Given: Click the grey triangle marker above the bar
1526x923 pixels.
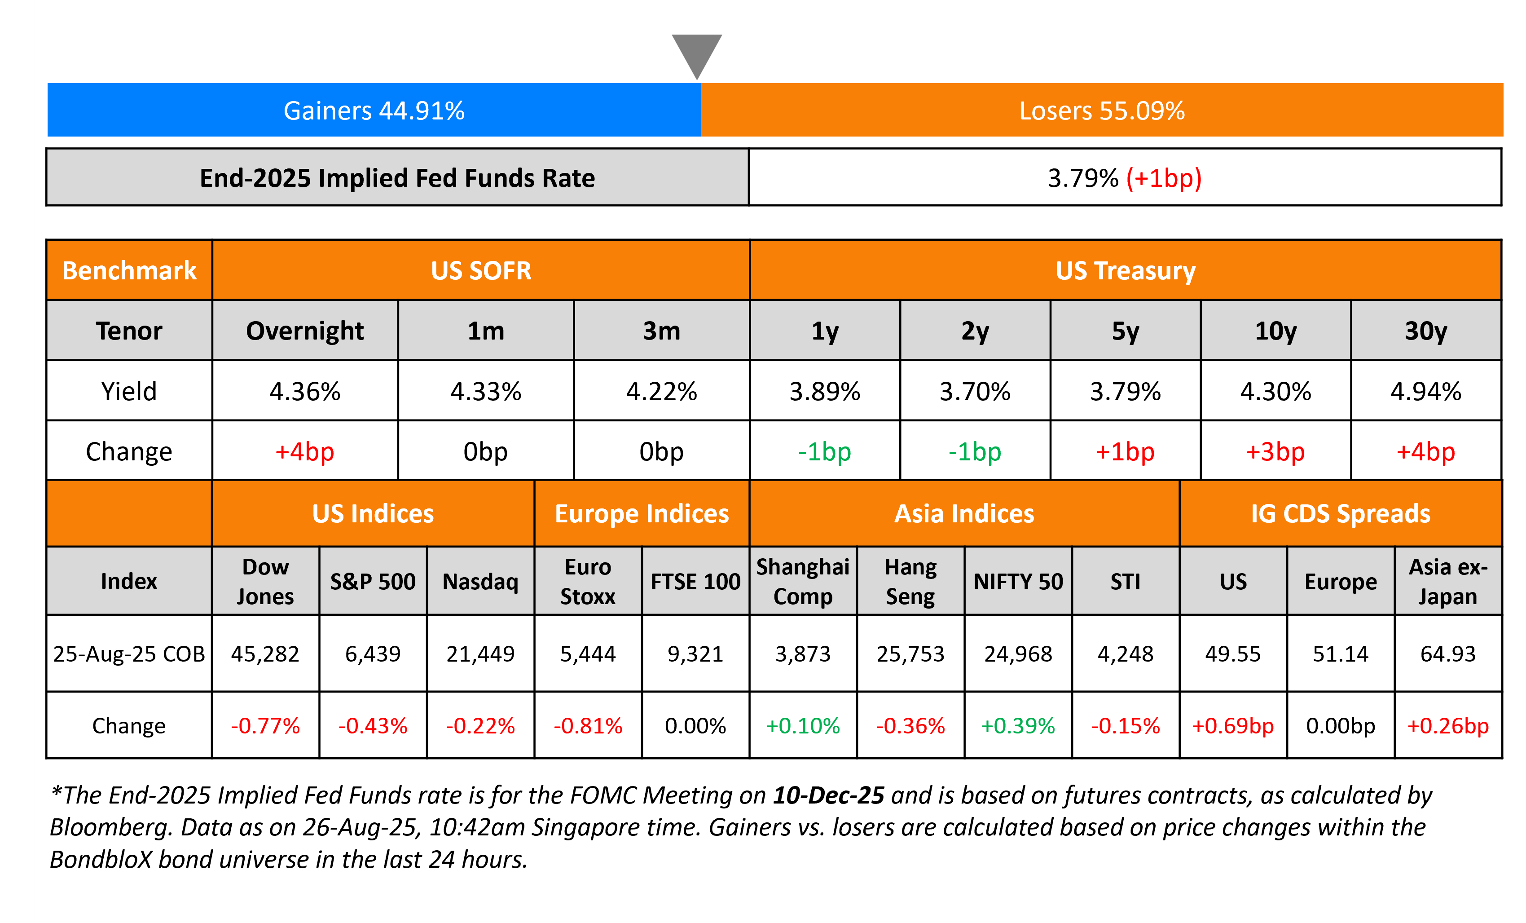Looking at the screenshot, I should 697,53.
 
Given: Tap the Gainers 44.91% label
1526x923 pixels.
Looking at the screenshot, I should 374,111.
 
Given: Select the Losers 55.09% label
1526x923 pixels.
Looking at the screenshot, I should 1102,111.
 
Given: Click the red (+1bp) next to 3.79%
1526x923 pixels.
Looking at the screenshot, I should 1164,178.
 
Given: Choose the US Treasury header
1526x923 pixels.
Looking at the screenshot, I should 1125,271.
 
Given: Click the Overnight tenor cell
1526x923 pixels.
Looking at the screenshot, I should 305,331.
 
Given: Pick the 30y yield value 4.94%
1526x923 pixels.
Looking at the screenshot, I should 1426,392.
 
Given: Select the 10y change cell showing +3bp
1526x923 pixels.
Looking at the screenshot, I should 1275,451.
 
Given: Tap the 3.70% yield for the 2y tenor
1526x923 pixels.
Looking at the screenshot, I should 975,392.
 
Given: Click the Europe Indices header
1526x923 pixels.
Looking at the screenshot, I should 642,513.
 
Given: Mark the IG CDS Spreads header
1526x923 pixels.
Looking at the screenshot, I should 1340,513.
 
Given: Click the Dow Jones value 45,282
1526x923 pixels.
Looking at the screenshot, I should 265,654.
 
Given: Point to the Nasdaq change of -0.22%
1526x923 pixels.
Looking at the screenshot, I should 480,725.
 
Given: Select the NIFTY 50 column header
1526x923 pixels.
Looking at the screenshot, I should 1018,582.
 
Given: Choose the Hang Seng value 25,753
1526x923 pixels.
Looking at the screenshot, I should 910,654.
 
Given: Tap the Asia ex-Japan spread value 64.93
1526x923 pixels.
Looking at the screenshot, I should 1448,654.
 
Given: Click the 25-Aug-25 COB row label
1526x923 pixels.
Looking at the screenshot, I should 129,654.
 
